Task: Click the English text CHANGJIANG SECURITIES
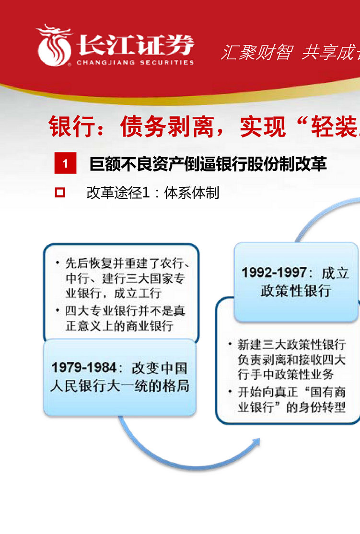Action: [135, 62]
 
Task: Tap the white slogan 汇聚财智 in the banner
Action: [256, 52]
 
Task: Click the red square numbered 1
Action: [65, 164]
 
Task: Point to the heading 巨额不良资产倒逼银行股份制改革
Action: [208, 164]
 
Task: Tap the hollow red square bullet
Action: [60, 193]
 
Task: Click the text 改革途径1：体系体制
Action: [153, 193]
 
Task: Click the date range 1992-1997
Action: [274, 273]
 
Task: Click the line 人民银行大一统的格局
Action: [120, 386]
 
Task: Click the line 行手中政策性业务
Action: [285, 375]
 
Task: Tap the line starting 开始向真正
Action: [291, 392]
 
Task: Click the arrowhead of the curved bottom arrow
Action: [256, 442]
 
